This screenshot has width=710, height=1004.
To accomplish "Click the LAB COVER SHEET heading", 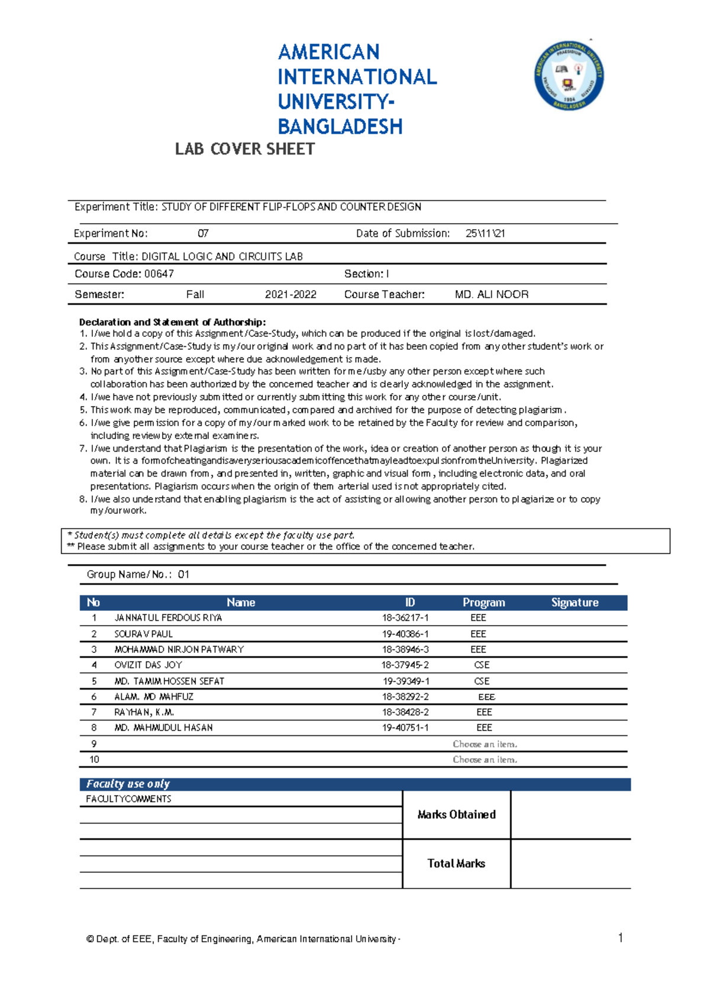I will [x=244, y=149].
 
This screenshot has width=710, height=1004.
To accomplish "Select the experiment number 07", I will [x=203, y=233].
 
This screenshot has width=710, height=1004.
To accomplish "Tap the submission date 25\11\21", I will [x=485, y=233].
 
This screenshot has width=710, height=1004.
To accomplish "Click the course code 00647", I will [x=159, y=273].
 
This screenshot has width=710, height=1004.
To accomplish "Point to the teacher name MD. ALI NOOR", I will [x=491, y=294].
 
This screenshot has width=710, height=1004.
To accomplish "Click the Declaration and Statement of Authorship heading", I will [x=172, y=322].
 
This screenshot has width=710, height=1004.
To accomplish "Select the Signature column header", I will [x=575, y=602].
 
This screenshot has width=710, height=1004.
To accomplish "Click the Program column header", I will [x=483, y=602].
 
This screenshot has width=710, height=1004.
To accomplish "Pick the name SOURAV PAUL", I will [x=143, y=633].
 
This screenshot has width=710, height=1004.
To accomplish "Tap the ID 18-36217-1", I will [x=405, y=617].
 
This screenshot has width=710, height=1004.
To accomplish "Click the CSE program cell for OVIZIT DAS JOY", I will [x=482, y=665].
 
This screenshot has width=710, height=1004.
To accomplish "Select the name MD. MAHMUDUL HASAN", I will [x=163, y=728].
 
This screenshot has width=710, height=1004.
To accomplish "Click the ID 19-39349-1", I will [x=406, y=681].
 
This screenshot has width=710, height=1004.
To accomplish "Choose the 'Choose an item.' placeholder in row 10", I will [x=485, y=760].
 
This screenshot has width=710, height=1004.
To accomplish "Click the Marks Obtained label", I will [x=456, y=815].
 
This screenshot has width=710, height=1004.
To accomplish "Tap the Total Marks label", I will [x=456, y=864].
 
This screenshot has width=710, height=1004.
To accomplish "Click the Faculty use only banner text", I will [x=128, y=784].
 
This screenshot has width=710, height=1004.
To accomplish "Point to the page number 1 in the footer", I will [x=620, y=937].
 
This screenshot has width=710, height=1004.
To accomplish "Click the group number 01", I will [x=183, y=574].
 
